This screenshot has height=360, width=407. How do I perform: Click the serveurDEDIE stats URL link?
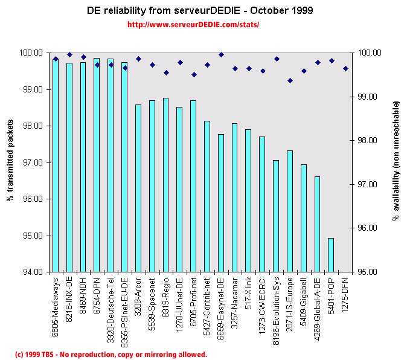coord(193,25)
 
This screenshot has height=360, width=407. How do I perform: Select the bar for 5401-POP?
coord(331,254)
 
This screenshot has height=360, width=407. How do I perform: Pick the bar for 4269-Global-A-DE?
coord(317,223)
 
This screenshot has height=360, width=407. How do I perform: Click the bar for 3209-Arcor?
coord(138,188)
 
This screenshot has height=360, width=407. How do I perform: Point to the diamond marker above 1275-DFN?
coord(345,69)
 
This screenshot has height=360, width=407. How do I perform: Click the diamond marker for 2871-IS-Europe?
coord(290,80)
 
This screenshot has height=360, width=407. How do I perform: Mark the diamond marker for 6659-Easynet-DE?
coord(221,54)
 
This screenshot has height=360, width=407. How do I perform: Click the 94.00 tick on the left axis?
coord(33,272)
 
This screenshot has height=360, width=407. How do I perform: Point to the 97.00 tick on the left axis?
coord(33,162)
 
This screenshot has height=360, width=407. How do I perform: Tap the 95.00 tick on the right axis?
coord(368,272)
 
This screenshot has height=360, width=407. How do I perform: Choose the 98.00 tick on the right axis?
coord(368,140)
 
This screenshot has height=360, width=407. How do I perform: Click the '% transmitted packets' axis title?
coord(10,162)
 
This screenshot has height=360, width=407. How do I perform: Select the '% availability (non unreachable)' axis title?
coord(396,161)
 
